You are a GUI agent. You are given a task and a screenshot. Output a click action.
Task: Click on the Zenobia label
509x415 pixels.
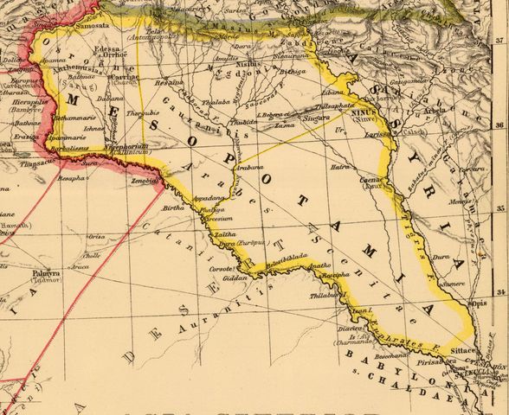pyautogui.click(x=145, y=182)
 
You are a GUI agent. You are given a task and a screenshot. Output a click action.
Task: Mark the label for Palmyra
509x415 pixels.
pyautogui.click(x=47, y=273)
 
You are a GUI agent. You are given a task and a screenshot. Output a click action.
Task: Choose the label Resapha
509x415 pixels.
pyautogui.click(x=71, y=178)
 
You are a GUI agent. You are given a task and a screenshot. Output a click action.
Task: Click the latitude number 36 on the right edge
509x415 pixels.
pyautogui.click(x=501, y=124)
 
